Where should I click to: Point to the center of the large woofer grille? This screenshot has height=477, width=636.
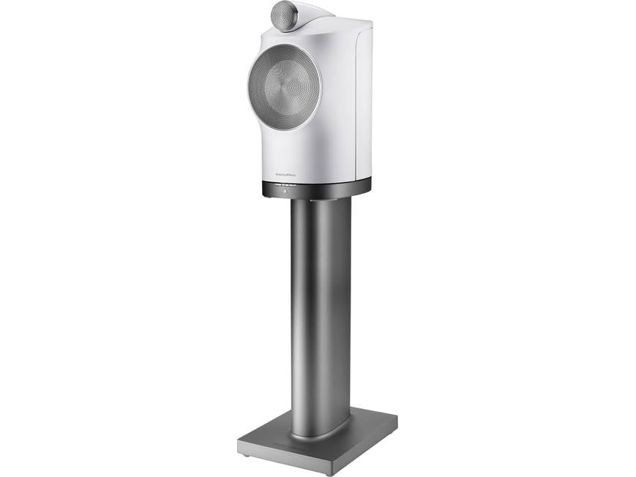point(284,87)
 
